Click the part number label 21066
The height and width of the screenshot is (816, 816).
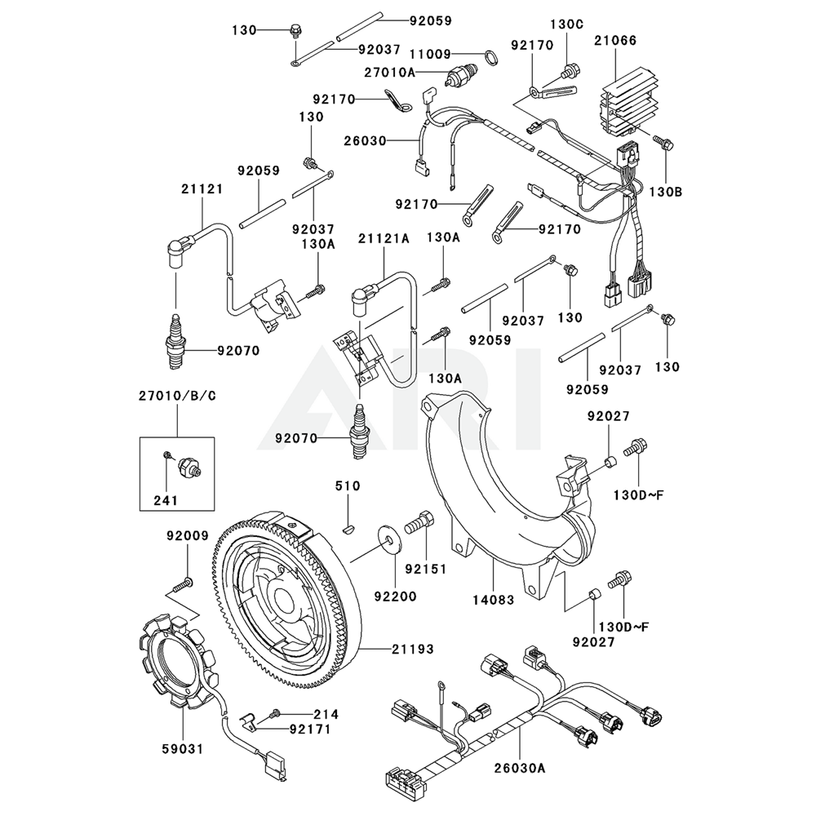616,40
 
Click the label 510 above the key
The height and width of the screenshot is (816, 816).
347,487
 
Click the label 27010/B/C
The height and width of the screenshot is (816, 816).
177,396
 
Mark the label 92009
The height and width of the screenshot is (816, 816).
188,536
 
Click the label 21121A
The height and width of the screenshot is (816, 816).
384,237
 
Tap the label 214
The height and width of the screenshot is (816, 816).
302,713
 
